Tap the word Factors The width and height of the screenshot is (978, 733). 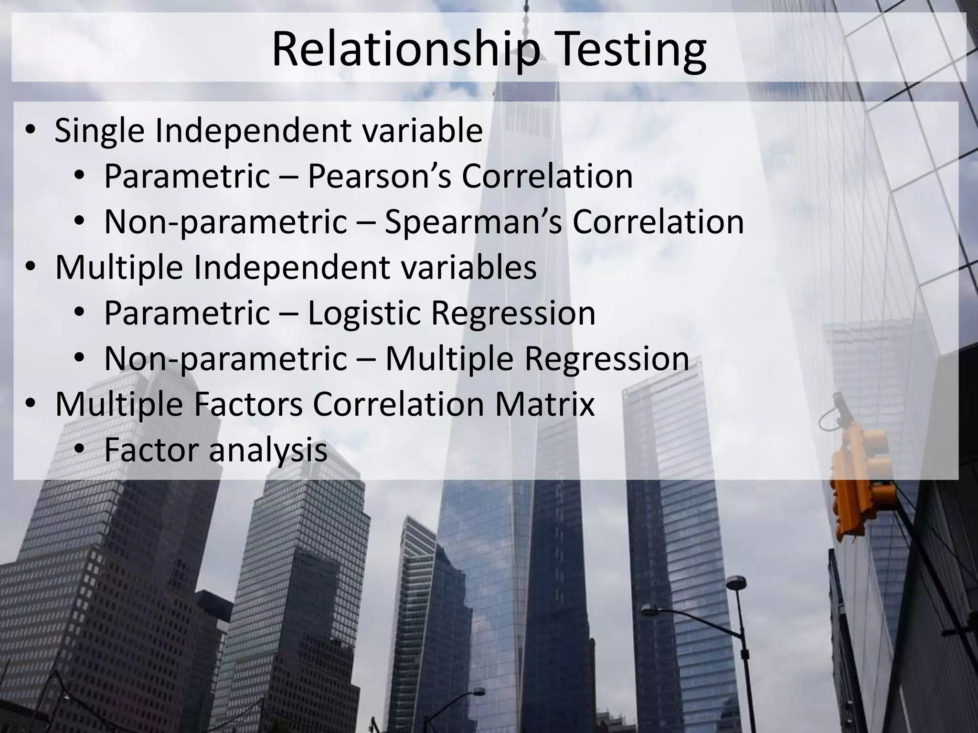(248, 404)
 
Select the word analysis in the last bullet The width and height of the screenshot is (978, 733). (268, 450)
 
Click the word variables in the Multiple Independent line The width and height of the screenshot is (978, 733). (468, 268)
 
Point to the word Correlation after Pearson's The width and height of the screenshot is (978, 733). (547, 176)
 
